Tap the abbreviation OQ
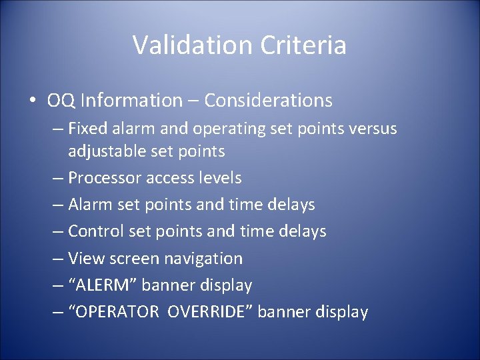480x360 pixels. point(60,101)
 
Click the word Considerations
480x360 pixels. point(268,101)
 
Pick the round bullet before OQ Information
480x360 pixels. point(33,101)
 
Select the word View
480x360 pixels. point(83,258)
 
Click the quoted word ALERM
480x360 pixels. point(105,285)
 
